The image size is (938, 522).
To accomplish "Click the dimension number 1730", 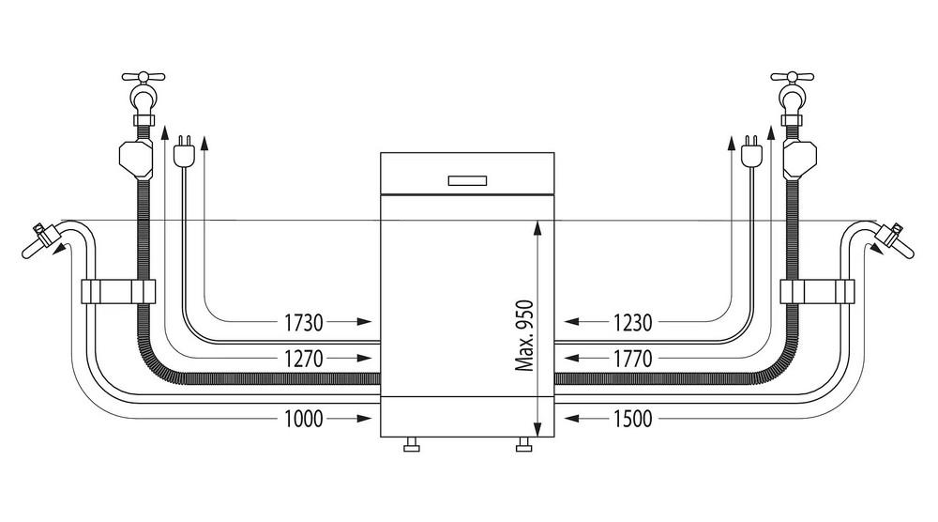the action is [x=303, y=323].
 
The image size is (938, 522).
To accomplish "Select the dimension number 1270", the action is [x=303, y=359].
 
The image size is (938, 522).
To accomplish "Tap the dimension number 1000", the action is [x=303, y=419].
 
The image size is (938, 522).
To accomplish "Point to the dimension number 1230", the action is [x=632, y=323].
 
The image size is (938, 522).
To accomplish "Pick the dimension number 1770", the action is [x=632, y=359].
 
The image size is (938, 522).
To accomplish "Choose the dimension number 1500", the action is [x=632, y=419].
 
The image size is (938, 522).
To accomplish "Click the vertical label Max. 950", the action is [x=524, y=335].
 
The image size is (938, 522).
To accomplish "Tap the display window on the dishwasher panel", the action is [x=467, y=180].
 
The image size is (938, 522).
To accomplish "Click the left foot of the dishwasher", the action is [x=411, y=444].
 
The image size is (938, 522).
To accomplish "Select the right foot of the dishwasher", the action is [x=524, y=444].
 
